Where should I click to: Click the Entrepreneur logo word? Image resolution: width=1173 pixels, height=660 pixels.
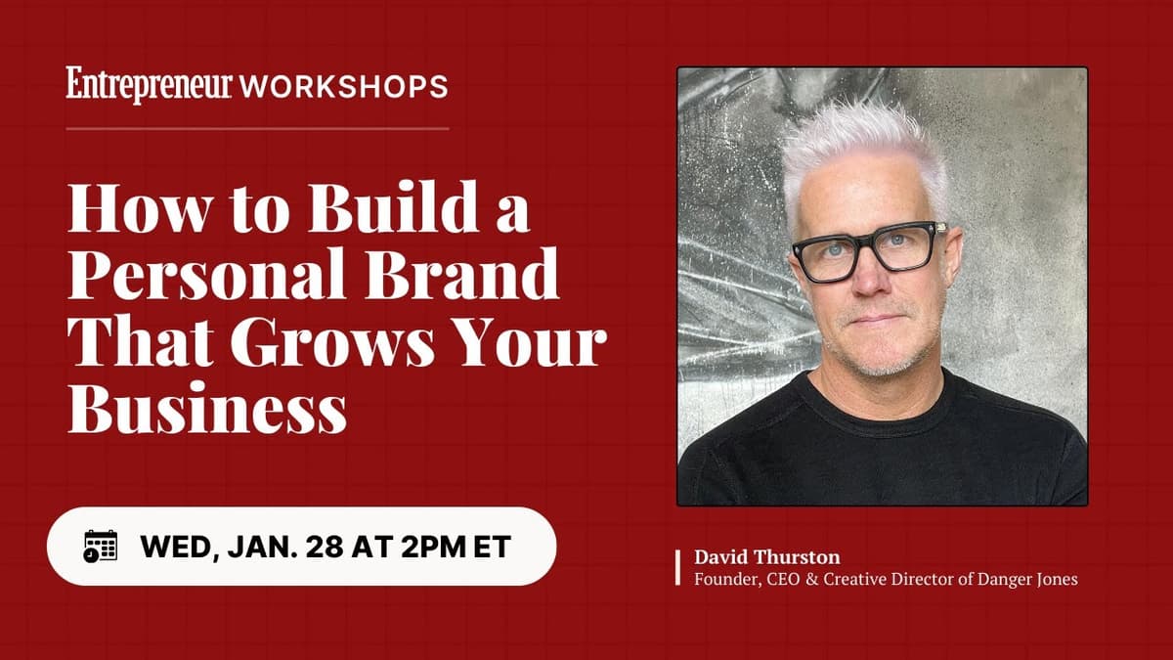pyautogui.click(x=150, y=85)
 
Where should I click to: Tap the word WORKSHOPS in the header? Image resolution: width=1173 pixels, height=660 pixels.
pyautogui.click(x=343, y=86)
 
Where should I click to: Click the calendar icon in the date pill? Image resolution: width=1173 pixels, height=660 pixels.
pyautogui.click(x=100, y=546)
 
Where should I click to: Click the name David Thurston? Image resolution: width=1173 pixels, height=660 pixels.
pyautogui.click(x=766, y=557)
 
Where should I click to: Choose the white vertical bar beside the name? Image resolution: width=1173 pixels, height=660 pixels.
pyautogui.click(x=678, y=568)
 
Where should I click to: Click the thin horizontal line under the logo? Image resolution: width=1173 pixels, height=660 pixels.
pyautogui.click(x=258, y=128)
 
